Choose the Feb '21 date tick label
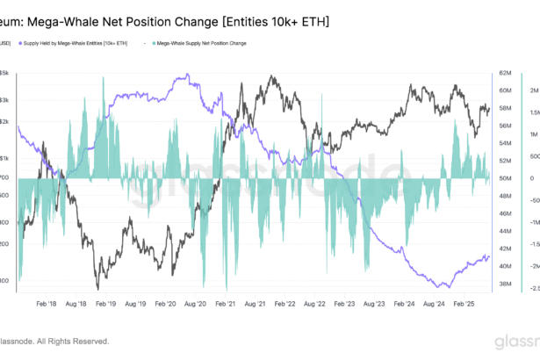(x=225, y=303)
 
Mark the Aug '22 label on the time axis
(x=314, y=303)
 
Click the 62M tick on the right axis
(x=506, y=73)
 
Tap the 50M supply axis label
(x=506, y=178)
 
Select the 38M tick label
(x=506, y=284)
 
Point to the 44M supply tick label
(x=506, y=231)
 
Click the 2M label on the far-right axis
(x=532, y=90)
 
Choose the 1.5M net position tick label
(x=533, y=113)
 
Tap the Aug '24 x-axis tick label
(x=435, y=303)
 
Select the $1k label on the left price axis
(x=4, y=159)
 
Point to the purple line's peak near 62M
(x=186, y=76)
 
